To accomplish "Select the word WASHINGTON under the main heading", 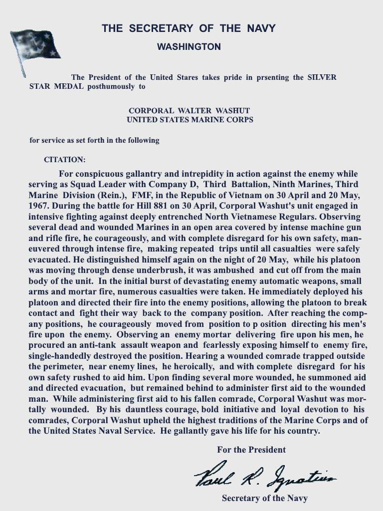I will click(189, 47).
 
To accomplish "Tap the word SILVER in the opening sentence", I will click(321, 77).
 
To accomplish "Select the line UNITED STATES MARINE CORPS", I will click(190, 120).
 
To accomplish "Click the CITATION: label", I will click(65, 160).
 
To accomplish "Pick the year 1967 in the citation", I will click(38, 205).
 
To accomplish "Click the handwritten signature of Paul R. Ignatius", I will click(264, 479).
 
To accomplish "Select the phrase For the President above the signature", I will click(251, 450).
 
